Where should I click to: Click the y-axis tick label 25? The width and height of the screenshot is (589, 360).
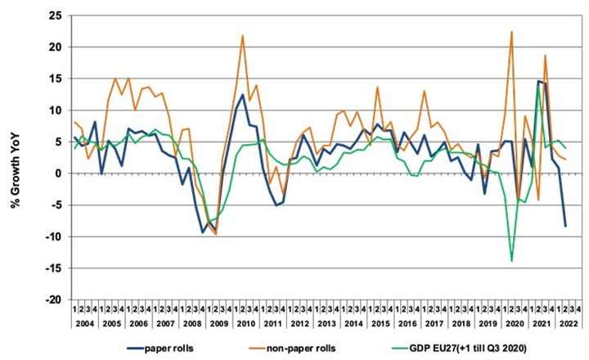54,16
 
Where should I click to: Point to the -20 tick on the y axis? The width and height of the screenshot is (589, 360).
52,300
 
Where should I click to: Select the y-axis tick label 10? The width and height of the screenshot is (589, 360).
54,110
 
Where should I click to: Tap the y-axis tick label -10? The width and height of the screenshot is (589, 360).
52,237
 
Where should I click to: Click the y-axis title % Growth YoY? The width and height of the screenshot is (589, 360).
15,155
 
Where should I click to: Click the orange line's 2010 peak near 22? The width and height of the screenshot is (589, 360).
243,35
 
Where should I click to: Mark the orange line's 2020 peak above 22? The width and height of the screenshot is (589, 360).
511,32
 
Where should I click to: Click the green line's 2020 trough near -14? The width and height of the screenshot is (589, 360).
511,261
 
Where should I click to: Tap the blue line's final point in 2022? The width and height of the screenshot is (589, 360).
564,226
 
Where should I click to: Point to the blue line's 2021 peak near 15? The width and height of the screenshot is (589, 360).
538,81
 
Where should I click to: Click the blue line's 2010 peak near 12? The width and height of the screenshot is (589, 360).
243,95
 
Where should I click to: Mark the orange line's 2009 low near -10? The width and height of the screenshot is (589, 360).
216,234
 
